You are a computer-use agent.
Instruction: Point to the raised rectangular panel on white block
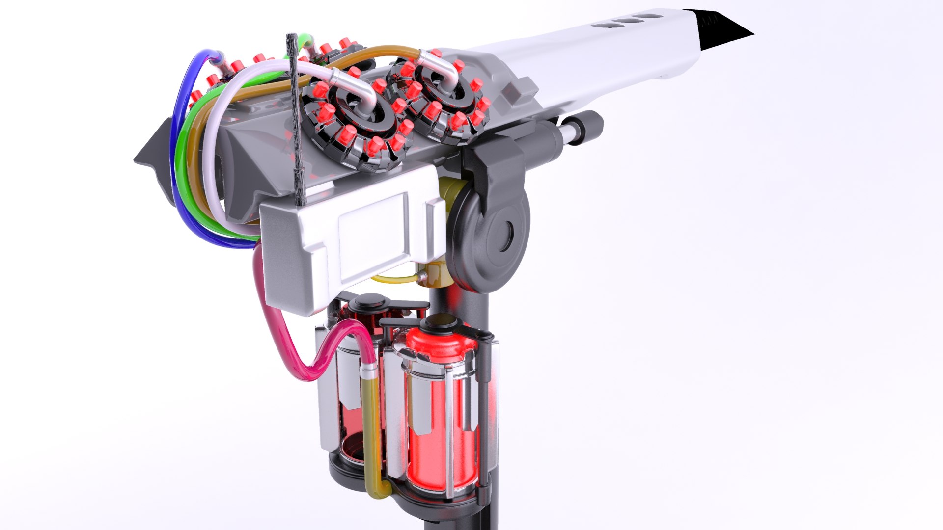tap(373, 231)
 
